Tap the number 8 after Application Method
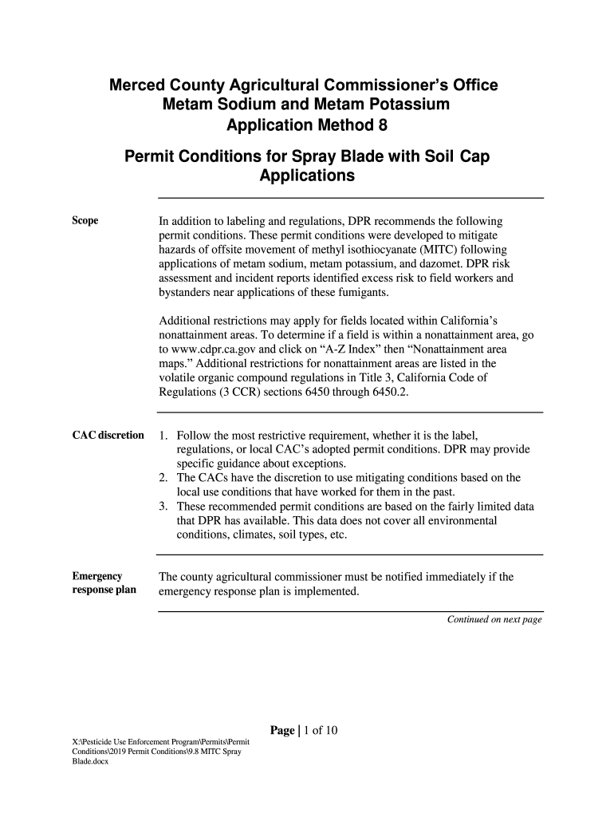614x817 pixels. (382, 125)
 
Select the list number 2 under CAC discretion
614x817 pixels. (163, 478)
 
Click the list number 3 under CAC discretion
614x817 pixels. (163, 507)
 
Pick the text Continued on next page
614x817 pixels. (494, 619)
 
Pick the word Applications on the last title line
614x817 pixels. (307, 176)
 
